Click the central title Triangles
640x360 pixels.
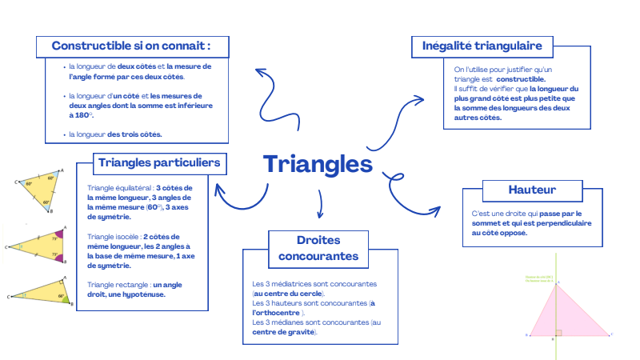pos(318,165)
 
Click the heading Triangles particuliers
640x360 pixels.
pos(159,163)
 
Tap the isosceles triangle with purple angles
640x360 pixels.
pos(38,246)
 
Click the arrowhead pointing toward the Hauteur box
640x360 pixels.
pos(434,211)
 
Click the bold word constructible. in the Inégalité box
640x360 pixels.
pos(521,79)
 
